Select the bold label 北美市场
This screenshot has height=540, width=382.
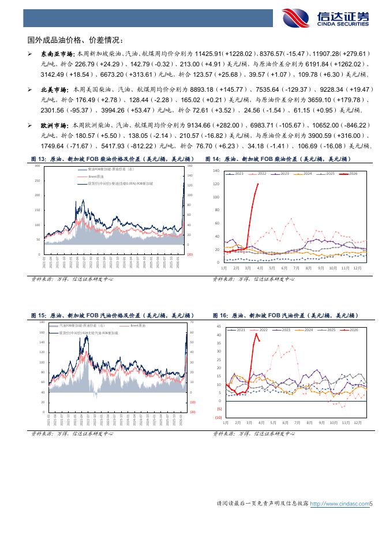[x=52, y=90]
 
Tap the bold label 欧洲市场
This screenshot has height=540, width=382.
[x=52, y=125]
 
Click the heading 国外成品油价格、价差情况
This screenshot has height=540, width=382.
[x=75, y=40]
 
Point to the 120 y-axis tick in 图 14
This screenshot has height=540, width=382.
[x=216, y=184]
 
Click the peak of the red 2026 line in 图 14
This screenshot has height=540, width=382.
[x=257, y=184]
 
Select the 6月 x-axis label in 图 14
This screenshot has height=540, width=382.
[x=284, y=269]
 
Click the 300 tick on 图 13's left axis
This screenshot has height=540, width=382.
[x=38, y=166]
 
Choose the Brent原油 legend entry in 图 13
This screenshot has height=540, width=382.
[x=98, y=177]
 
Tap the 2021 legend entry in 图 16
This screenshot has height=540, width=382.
[x=237, y=329]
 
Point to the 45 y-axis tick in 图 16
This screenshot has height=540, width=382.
[x=219, y=326]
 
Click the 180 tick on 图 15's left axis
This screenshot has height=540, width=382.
[x=42, y=322]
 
